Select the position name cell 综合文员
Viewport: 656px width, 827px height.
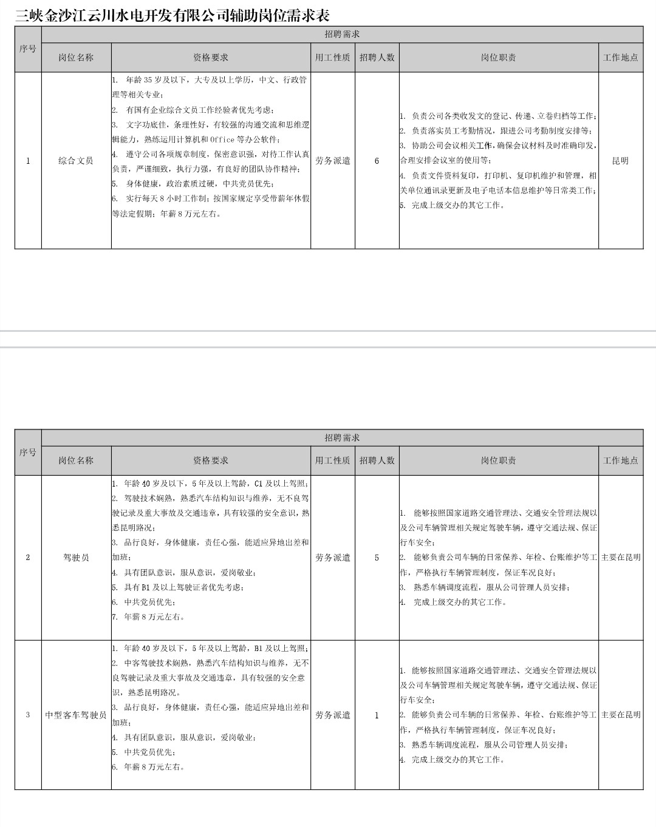[x=76, y=161]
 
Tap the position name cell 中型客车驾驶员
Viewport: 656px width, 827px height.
[x=76, y=715]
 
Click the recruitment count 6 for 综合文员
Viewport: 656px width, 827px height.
[x=377, y=161]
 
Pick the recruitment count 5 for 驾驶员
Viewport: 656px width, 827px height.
[x=377, y=557]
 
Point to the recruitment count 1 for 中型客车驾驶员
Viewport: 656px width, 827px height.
[x=377, y=715]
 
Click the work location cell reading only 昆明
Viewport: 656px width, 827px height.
[x=620, y=161]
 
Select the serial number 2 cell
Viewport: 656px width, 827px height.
[x=28, y=557]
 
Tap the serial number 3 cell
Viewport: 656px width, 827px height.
[x=28, y=715]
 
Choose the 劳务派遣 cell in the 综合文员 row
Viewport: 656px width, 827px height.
[x=333, y=161]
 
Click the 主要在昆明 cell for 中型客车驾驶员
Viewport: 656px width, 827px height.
[x=620, y=715]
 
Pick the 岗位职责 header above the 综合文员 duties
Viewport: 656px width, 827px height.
[x=498, y=58]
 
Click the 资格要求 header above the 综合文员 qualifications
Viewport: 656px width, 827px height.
[x=211, y=58]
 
